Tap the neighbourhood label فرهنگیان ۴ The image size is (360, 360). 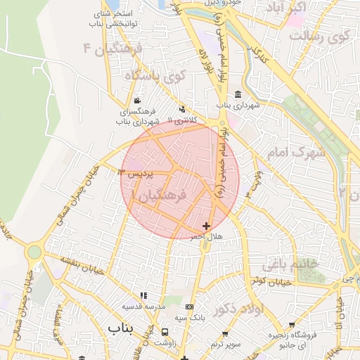113,49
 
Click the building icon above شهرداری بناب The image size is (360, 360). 238,94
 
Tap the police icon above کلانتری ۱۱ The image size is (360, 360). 184,109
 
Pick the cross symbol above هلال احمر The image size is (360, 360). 205,226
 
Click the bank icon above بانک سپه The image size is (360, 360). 189,307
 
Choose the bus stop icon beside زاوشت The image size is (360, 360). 165,332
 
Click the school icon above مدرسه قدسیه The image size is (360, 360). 144,296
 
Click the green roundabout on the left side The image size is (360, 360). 34,251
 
